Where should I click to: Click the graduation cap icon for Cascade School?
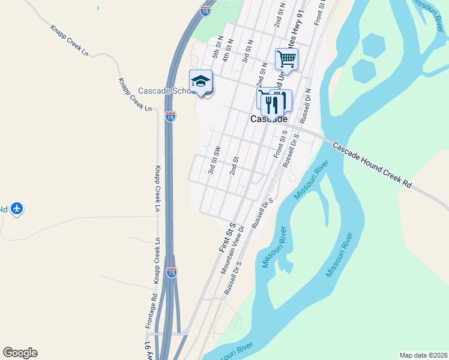click(200, 81)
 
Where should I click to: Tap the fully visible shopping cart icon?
click(287, 59)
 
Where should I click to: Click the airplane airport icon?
click(17, 209)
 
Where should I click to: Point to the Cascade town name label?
click(268, 119)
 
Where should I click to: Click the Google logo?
click(20, 353)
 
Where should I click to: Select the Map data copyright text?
click(423, 355)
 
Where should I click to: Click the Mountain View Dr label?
click(234, 250)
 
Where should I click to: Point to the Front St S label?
click(279, 145)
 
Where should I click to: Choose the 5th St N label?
click(217, 49)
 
